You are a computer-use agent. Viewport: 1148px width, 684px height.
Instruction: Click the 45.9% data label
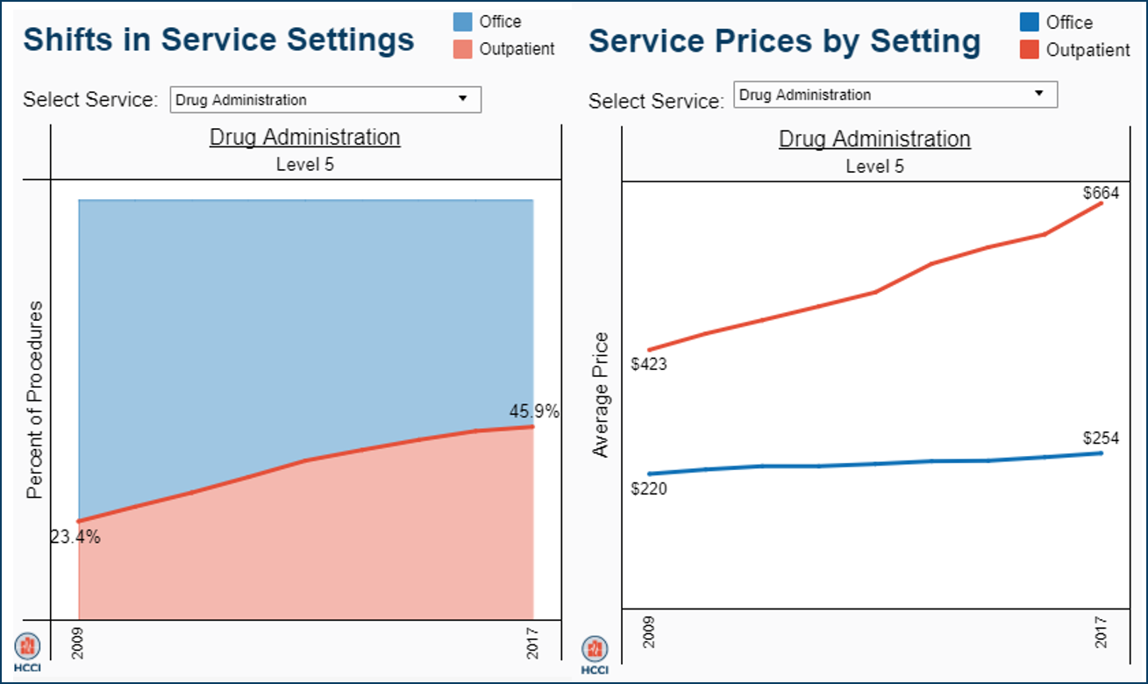(533, 410)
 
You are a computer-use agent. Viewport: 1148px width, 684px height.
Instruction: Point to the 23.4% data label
(75, 538)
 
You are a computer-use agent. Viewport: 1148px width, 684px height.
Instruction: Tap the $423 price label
(649, 364)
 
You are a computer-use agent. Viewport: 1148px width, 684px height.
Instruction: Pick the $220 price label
(649, 488)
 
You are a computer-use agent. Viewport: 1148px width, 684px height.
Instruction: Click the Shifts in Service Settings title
(218, 39)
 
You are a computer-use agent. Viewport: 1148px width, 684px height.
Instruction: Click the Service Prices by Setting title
(784, 41)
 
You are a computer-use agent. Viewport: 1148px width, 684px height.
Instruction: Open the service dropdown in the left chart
(325, 100)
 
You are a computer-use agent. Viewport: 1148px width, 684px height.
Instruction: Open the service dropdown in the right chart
(895, 95)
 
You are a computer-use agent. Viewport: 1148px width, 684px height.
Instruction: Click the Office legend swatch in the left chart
(463, 22)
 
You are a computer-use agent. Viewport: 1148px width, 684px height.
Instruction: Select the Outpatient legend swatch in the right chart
(1030, 50)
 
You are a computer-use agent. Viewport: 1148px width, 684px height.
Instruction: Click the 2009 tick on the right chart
(649, 631)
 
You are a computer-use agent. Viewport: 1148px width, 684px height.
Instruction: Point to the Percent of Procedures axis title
(34, 399)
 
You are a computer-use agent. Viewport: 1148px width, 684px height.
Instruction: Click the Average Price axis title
(601, 395)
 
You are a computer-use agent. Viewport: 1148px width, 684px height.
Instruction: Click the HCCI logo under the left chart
(27, 652)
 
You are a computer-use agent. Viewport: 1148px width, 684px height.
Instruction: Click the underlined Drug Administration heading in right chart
(874, 139)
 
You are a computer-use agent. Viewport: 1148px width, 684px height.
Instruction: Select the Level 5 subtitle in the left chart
(305, 164)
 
